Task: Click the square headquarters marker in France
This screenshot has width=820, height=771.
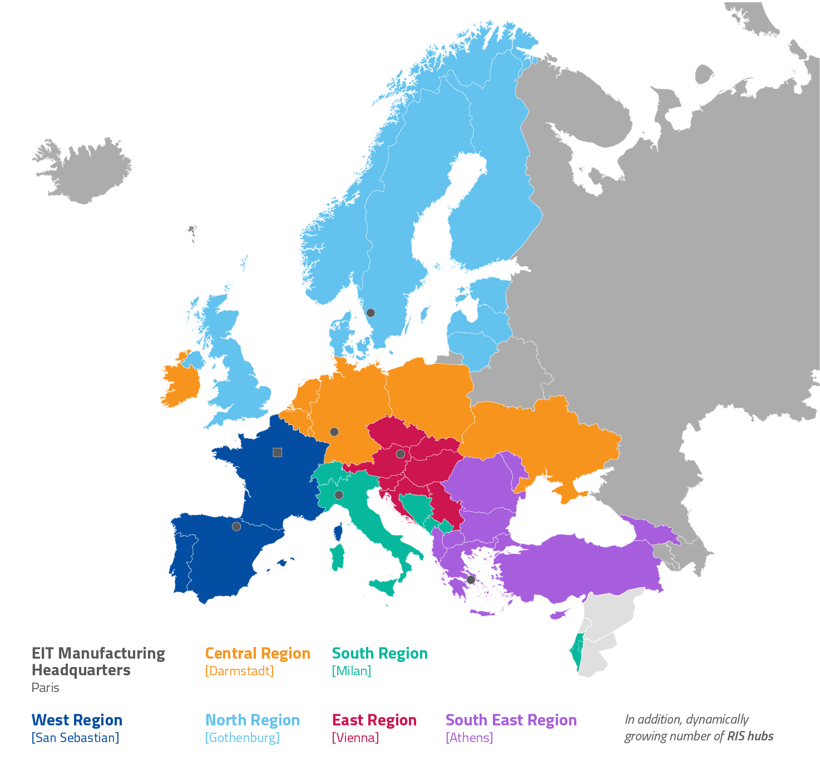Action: click(277, 452)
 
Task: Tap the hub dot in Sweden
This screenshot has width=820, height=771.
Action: click(371, 313)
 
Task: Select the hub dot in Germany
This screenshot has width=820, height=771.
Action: click(334, 432)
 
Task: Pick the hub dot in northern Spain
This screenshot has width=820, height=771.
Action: click(236, 526)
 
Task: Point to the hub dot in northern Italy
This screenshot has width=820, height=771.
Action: click(339, 495)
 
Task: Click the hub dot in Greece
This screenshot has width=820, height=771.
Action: click(471, 580)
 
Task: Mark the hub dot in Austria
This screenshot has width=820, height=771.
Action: click(400, 454)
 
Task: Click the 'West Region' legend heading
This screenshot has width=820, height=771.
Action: click(77, 720)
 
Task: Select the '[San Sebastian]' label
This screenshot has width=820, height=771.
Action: click(75, 738)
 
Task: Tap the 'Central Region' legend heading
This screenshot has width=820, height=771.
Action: click(258, 653)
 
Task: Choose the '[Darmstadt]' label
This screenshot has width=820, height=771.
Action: click(239, 671)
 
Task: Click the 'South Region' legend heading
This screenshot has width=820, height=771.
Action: click(379, 653)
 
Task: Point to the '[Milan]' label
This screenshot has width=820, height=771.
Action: click(351, 671)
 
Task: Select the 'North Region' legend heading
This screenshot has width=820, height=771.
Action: click(253, 720)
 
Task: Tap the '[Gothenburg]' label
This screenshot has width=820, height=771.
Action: click(242, 738)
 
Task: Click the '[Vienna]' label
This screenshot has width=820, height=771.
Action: click(355, 738)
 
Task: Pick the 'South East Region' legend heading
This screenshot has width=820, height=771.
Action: click(511, 720)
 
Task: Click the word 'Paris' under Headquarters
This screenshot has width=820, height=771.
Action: click(46, 688)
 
